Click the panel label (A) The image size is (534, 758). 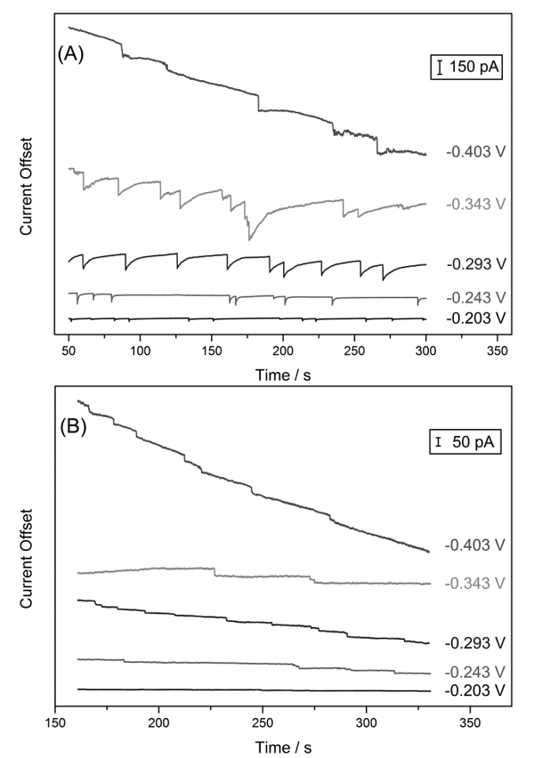coord(72,53)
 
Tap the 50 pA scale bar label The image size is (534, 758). coord(468,442)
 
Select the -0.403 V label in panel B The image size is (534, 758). coord(475,546)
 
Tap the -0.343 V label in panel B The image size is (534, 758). coord(475,583)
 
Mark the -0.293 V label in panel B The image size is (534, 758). coord(475,641)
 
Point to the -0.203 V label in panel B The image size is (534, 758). coord(475,689)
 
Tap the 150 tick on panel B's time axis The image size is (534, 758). coord(56,725)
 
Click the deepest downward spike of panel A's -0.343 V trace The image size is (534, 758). coord(249,239)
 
